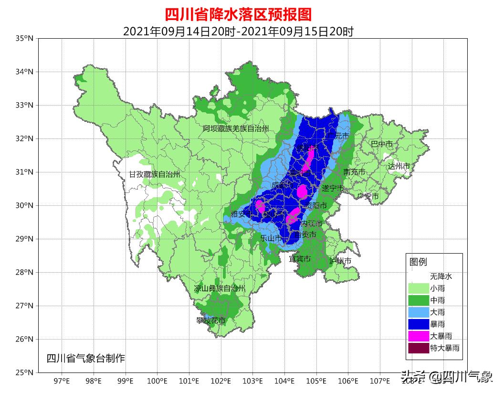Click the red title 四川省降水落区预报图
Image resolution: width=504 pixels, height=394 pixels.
click(238, 14)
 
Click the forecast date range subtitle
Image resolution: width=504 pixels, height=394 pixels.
click(238, 32)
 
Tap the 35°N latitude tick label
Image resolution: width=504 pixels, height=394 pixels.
click(24, 38)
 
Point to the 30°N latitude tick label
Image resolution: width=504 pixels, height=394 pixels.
click(24, 205)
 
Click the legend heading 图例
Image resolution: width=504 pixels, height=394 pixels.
click(418, 262)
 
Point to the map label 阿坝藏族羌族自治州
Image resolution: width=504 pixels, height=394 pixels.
click(235, 129)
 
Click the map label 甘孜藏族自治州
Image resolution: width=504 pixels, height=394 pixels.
click(155, 175)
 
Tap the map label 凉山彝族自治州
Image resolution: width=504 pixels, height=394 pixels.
click(220, 288)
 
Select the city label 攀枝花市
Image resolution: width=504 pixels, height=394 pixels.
click(210, 321)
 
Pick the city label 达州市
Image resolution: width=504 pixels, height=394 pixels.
click(399, 166)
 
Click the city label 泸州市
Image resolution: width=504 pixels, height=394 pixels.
click(340, 261)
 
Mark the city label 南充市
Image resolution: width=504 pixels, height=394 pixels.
click(354, 172)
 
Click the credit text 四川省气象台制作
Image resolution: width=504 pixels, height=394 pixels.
click(85, 358)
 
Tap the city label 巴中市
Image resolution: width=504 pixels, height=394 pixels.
click(382, 144)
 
